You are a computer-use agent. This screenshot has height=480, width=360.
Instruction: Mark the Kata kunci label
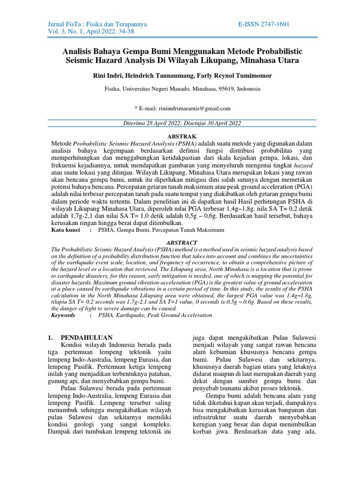click(x=65, y=230)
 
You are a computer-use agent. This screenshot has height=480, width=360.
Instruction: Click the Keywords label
click(x=63, y=315)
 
